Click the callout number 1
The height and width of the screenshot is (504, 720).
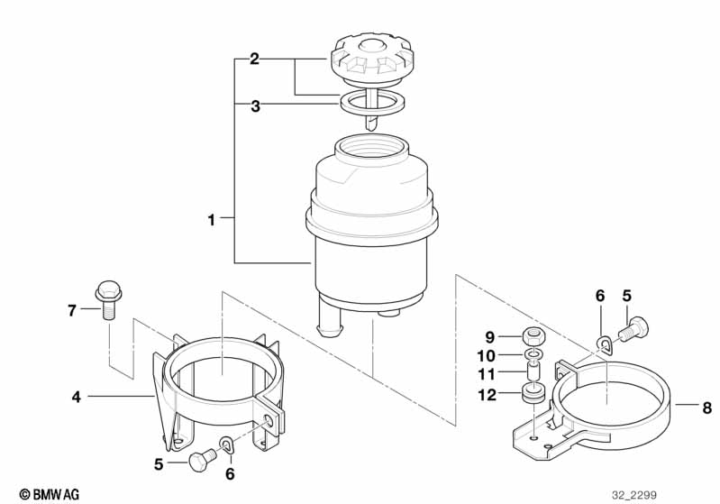[x=211, y=220]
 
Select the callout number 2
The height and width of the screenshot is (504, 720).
[x=254, y=60]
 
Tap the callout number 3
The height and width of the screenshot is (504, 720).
[x=255, y=106]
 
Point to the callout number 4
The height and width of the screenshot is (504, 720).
[x=77, y=397]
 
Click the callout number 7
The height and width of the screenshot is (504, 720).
[x=71, y=311]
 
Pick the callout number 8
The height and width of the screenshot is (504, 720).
[x=707, y=408]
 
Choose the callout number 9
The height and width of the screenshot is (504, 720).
[x=490, y=338]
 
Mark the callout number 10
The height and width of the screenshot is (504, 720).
[x=487, y=356]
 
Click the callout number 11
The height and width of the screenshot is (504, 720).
[x=487, y=374]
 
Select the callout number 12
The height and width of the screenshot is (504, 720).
[x=487, y=395]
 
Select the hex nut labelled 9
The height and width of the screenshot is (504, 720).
[x=534, y=337]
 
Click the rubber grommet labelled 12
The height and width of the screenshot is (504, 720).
[x=534, y=396]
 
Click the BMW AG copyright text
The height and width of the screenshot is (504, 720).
[x=50, y=494]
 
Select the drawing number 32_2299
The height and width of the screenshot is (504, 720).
[x=634, y=495]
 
